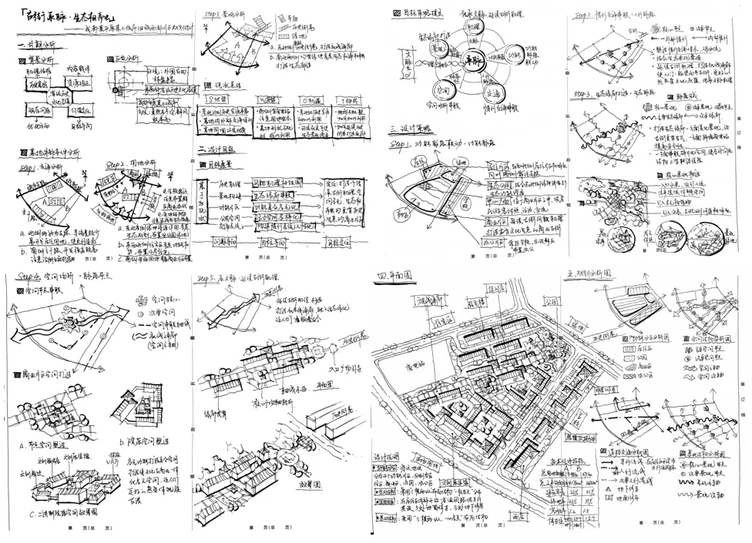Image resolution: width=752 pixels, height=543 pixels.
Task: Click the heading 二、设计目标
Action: click(219, 149)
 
